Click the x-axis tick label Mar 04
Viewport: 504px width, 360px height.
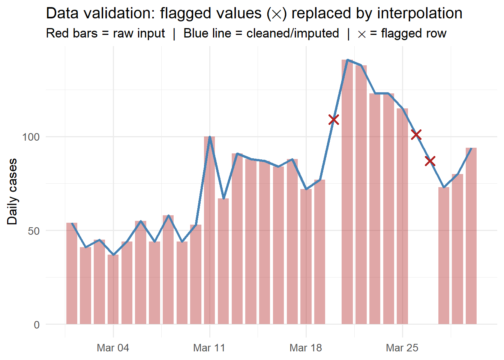[113, 348]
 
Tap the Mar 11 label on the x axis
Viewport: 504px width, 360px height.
[209, 348]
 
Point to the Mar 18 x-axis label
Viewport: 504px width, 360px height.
[306, 348]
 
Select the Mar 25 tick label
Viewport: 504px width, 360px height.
[402, 348]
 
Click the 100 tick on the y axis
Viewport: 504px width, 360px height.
[31, 137]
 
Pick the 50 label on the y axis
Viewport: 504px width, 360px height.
[34, 231]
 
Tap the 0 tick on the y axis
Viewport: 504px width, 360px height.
[37, 325]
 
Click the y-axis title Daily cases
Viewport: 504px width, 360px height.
[12, 192]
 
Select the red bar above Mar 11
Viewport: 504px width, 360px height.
[210, 230]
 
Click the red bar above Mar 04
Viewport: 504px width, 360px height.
[113, 289]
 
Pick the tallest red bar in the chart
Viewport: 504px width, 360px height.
[347, 192]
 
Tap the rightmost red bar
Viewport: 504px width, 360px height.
[471, 236]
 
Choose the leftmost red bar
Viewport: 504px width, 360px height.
[72, 273]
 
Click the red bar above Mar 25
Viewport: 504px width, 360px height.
[402, 216]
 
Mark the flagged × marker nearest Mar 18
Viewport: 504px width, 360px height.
[334, 120]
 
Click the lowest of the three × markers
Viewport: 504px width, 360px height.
[430, 161]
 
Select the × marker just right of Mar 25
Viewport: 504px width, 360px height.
[416, 135]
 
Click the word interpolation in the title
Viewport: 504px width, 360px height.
[420, 13]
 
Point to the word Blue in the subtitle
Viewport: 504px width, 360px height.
[196, 33]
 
